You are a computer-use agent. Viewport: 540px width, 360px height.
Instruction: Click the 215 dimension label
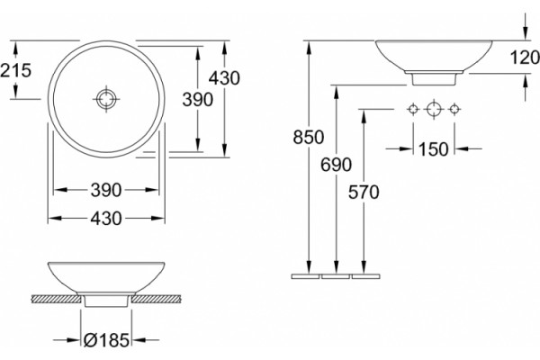tap(15, 70)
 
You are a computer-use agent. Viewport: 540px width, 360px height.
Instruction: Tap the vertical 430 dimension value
tap(224, 78)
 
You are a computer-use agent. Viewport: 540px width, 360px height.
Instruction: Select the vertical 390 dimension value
tap(198, 100)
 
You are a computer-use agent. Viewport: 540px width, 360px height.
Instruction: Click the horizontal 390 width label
tap(106, 190)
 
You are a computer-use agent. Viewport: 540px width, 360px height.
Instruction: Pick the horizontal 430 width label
tap(106, 219)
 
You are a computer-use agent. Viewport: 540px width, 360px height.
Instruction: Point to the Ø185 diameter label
tap(106, 340)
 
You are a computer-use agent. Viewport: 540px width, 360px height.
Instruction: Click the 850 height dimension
tap(309, 137)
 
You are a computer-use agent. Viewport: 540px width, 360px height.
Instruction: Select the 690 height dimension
tap(336, 165)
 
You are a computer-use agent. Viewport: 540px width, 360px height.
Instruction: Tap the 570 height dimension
tap(364, 193)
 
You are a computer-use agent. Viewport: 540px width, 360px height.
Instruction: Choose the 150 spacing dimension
tap(434, 149)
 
